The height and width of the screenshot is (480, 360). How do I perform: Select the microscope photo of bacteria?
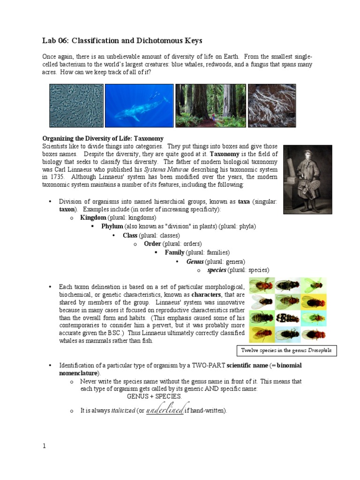tap(76, 105)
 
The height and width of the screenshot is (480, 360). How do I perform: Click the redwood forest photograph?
tap(210, 105)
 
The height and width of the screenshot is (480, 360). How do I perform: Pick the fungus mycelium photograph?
tap(271, 105)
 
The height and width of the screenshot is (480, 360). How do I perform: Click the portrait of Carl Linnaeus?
tap(307, 180)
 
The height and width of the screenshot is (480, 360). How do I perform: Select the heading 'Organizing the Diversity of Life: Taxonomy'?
tap(103, 139)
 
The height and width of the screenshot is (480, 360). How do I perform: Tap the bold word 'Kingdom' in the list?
tap(93, 218)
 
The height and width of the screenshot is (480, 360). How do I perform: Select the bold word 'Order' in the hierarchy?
tap(152, 244)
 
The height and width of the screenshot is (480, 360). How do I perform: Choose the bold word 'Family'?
tap(174, 253)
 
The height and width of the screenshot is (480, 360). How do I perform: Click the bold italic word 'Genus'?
tap(194, 262)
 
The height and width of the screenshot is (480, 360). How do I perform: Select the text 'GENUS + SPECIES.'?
tap(154, 396)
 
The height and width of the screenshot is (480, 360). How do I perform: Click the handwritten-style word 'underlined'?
tap(167, 410)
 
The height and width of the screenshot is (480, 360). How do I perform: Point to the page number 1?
tap(45, 446)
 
